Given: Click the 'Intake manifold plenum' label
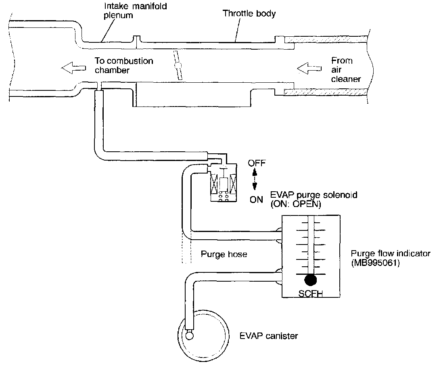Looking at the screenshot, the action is pyautogui.click(x=135, y=10).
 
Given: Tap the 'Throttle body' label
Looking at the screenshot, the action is pyautogui.click(x=249, y=13).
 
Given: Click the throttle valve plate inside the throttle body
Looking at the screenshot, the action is pyautogui.click(x=178, y=65).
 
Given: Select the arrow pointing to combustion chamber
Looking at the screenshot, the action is pyautogui.click(x=73, y=68).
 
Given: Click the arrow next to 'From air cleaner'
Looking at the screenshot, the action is pyautogui.click(x=309, y=68).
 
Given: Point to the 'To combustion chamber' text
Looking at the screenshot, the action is pyautogui.click(x=124, y=65).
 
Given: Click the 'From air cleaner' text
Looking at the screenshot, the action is pyautogui.click(x=346, y=70).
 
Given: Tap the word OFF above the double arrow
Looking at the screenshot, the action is pyautogui.click(x=257, y=163).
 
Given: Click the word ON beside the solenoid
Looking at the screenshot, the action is pyautogui.click(x=256, y=200).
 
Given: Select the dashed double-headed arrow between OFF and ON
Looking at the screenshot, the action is pyautogui.click(x=255, y=179).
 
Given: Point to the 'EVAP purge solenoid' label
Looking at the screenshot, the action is pyautogui.click(x=314, y=194).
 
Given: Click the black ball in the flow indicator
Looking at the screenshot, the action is pyautogui.click(x=311, y=280).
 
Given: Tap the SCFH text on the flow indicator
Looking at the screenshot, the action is pyautogui.click(x=311, y=293).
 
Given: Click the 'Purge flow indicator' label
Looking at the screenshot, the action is pyautogui.click(x=391, y=254).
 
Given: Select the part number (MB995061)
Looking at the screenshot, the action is pyautogui.click(x=375, y=263).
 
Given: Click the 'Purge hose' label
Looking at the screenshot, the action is pyautogui.click(x=224, y=254).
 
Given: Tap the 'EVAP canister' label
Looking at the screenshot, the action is pyautogui.click(x=269, y=336).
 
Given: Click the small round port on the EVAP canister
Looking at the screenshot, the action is pyautogui.click(x=189, y=335).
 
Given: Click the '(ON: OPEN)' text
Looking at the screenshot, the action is pyautogui.click(x=296, y=204).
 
